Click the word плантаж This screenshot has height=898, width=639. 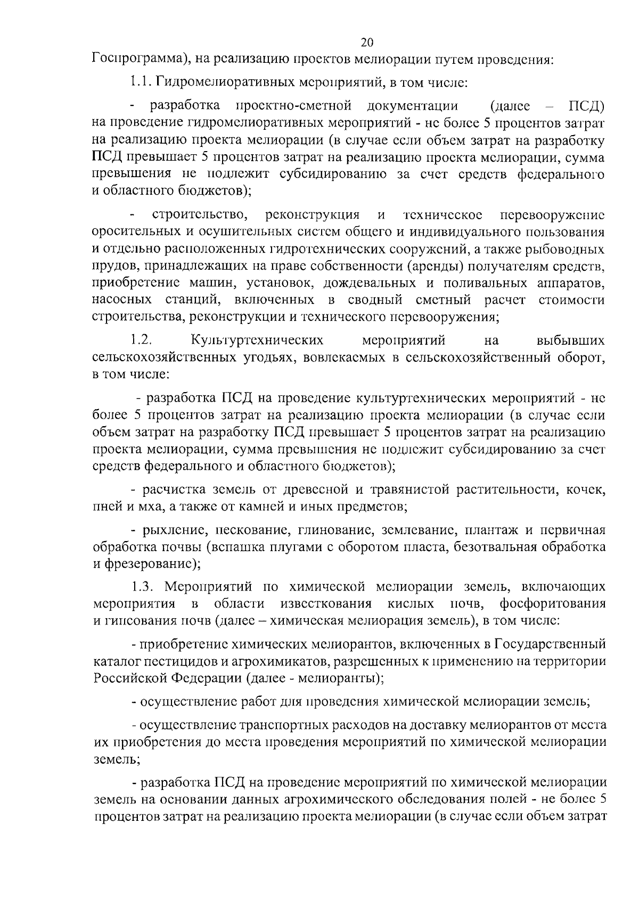(x=486, y=530)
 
